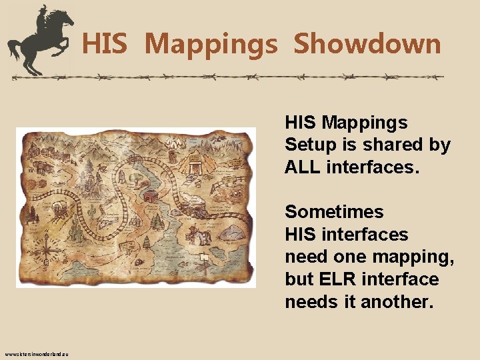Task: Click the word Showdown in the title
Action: pyautogui.click(x=367, y=44)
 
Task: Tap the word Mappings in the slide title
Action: pyautogui.click(x=210, y=44)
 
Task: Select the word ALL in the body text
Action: pyautogui.click(x=303, y=167)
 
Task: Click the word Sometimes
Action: pyautogui.click(x=334, y=212)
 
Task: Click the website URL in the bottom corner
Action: pyautogui.click(x=39, y=353)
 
